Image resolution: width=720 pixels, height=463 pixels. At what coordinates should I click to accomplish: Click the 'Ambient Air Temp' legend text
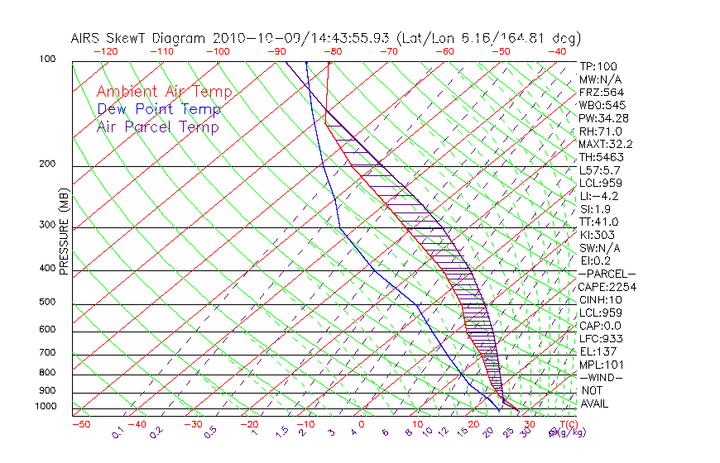164,92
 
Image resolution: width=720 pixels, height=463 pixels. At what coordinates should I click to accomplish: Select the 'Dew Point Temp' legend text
159,109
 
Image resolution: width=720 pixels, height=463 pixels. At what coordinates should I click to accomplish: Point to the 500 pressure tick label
47,303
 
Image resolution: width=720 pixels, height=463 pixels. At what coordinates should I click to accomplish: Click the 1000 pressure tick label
46,407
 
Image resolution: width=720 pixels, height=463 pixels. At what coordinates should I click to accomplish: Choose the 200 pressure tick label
47,165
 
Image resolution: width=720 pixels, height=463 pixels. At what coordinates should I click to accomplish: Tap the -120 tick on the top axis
105,51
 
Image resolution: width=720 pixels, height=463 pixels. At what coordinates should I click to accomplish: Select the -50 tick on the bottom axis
80,424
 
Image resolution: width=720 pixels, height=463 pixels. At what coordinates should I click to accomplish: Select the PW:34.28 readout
602,118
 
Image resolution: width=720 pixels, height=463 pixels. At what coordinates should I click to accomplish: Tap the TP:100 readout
598,67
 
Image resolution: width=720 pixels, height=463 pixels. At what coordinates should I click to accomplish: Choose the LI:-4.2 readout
598,196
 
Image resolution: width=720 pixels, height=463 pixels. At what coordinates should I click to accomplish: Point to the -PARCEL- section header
607,274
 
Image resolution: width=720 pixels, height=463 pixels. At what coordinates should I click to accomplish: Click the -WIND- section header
602,377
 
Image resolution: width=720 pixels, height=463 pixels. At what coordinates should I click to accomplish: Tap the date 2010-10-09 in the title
247,38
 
